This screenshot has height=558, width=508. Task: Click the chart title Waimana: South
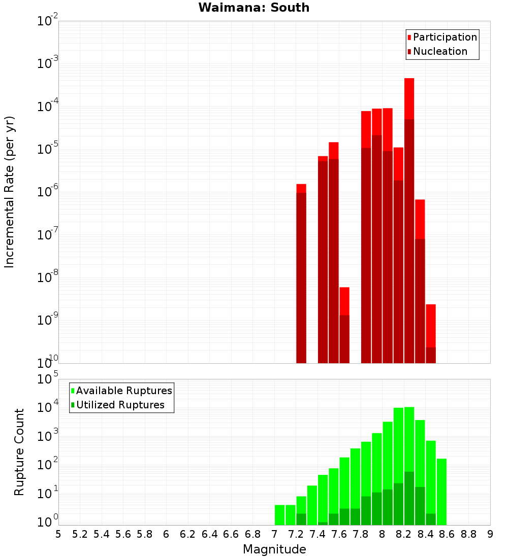pyautogui.click(x=254, y=8)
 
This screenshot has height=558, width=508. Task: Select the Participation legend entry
pyautogui.click(x=444, y=37)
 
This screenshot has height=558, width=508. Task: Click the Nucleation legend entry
pyautogui.click(x=439, y=51)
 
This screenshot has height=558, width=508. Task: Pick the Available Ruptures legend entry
pyautogui.click(x=123, y=391)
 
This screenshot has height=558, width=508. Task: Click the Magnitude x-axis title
pyautogui.click(x=274, y=549)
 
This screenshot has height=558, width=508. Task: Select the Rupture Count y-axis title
pyautogui.click(x=19, y=451)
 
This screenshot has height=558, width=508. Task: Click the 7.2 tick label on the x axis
pyautogui.click(x=296, y=534)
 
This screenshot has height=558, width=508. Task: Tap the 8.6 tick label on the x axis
pyautogui.click(x=447, y=534)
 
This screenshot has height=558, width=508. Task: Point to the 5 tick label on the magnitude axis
pyautogui.click(x=58, y=534)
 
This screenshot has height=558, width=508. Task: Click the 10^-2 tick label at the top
pyautogui.click(x=48, y=21)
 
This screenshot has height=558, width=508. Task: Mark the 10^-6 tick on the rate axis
pyautogui.click(x=48, y=192)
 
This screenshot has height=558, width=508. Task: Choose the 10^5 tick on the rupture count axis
pyautogui.click(x=48, y=379)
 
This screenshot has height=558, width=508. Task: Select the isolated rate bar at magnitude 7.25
pyautogui.click(x=301, y=274)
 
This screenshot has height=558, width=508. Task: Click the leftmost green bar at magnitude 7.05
pyautogui.click(x=279, y=514)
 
